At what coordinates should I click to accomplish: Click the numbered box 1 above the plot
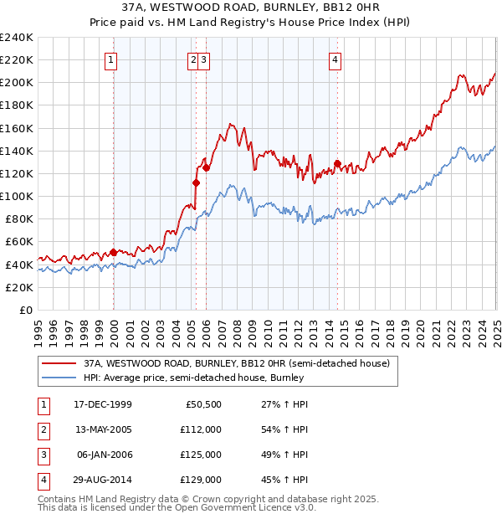click(x=112, y=59)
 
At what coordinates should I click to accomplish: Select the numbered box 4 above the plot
click(x=335, y=59)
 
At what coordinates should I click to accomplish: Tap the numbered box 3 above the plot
click(x=204, y=59)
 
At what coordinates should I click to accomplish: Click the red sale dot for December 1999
click(x=113, y=251)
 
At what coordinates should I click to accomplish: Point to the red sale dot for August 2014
click(x=337, y=163)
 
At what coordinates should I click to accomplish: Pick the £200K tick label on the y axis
click(x=17, y=83)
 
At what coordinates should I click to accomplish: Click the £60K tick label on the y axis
click(x=19, y=242)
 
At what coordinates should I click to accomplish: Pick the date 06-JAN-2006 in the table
click(x=103, y=455)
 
